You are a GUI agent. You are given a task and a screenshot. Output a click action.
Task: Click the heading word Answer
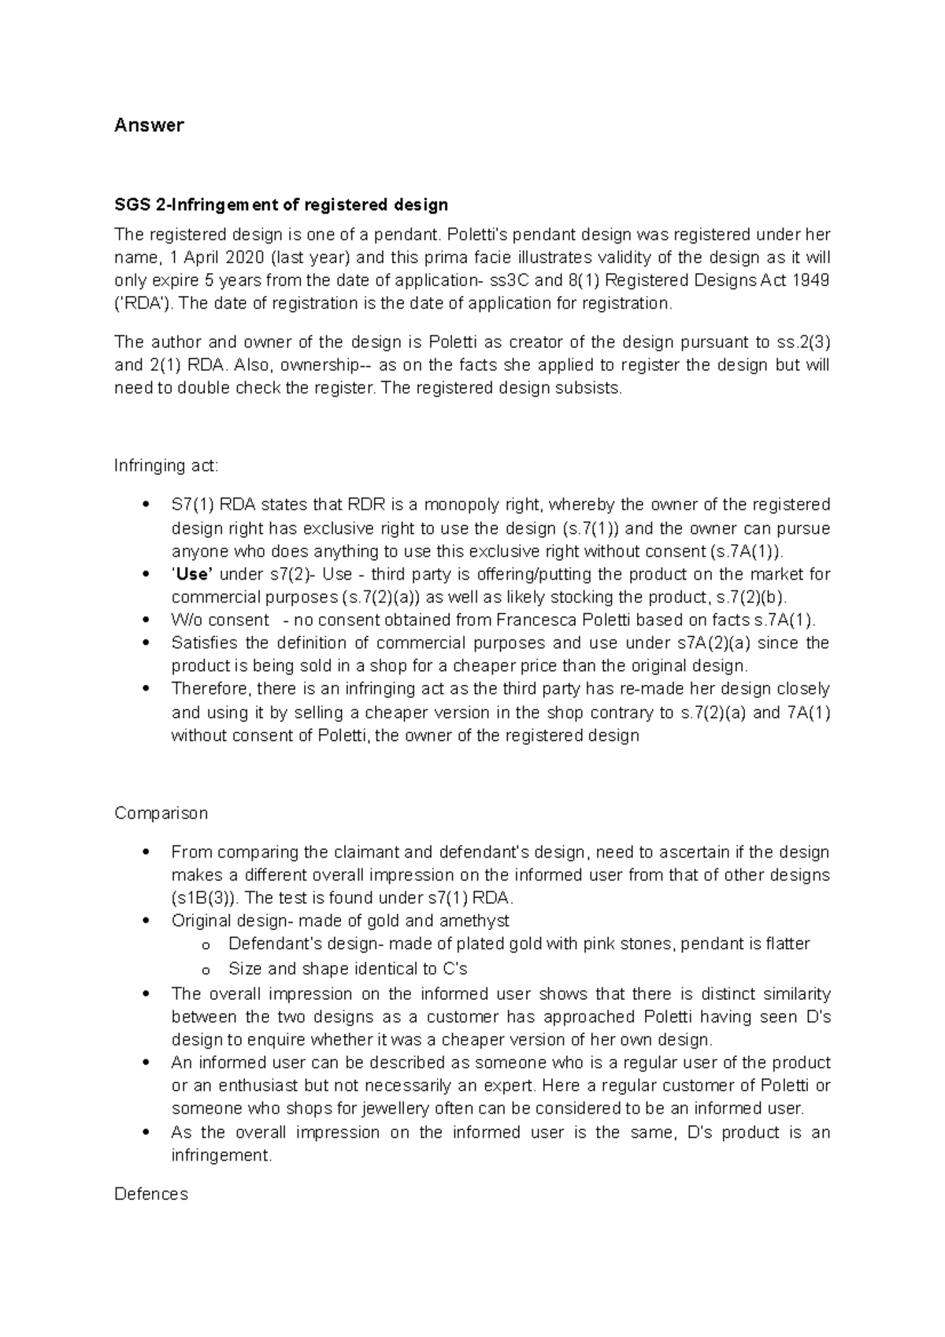coord(149,125)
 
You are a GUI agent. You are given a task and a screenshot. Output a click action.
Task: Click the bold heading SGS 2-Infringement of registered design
coord(281,206)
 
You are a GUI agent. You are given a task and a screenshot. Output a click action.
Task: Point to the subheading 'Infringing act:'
coord(166,465)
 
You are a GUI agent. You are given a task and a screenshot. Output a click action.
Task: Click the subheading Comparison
coord(161,813)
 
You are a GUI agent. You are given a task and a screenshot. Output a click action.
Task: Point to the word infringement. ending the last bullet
coord(221,1155)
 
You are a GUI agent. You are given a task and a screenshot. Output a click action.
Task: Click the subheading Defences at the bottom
coord(151,1194)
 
